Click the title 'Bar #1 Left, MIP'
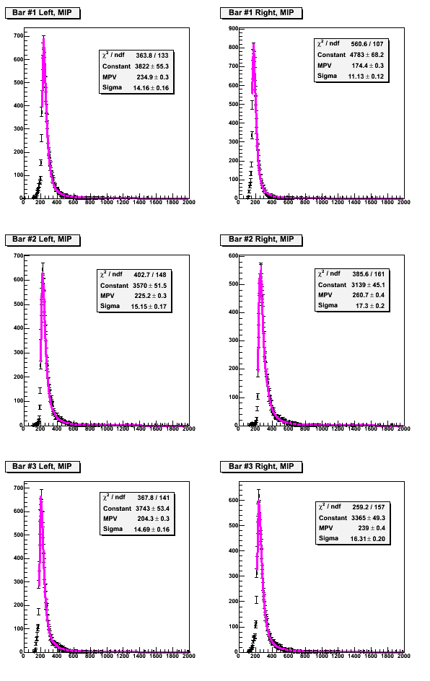pyautogui.click(x=42, y=12)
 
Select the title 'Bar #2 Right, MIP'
pyautogui.click(x=261, y=240)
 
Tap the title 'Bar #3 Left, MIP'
pyautogui.click(x=42, y=467)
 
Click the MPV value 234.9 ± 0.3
pyautogui.click(x=152, y=77)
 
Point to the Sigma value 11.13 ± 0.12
pyautogui.click(x=366, y=76)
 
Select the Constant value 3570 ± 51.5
pyautogui.click(x=149, y=286)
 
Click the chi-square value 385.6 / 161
pyautogui.click(x=369, y=274)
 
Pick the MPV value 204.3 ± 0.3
pyautogui.click(x=154, y=519)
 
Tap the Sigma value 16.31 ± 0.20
pyautogui.click(x=367, y=539)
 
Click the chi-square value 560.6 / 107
pyautogui.click(x=367, y=44)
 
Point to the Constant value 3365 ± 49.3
pyautogui.click(x=368, y=518)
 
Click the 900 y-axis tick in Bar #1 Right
pyautogui.click(x=233, y=29)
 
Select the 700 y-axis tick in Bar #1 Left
pyautogui.click(x=18, y=36)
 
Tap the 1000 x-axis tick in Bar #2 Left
pyautogui.click(x=106, y=429)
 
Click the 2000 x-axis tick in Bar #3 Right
pyautogui.click(x=404, y=656)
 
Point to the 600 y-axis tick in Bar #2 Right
pyautogui.click(x=233, y=256)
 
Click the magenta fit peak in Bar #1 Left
pyautogui.click(x=43, y=39)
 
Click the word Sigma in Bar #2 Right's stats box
pyautogui.click(x=328, y=305)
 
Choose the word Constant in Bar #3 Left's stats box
pyautogui.click(x=117, y=509)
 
